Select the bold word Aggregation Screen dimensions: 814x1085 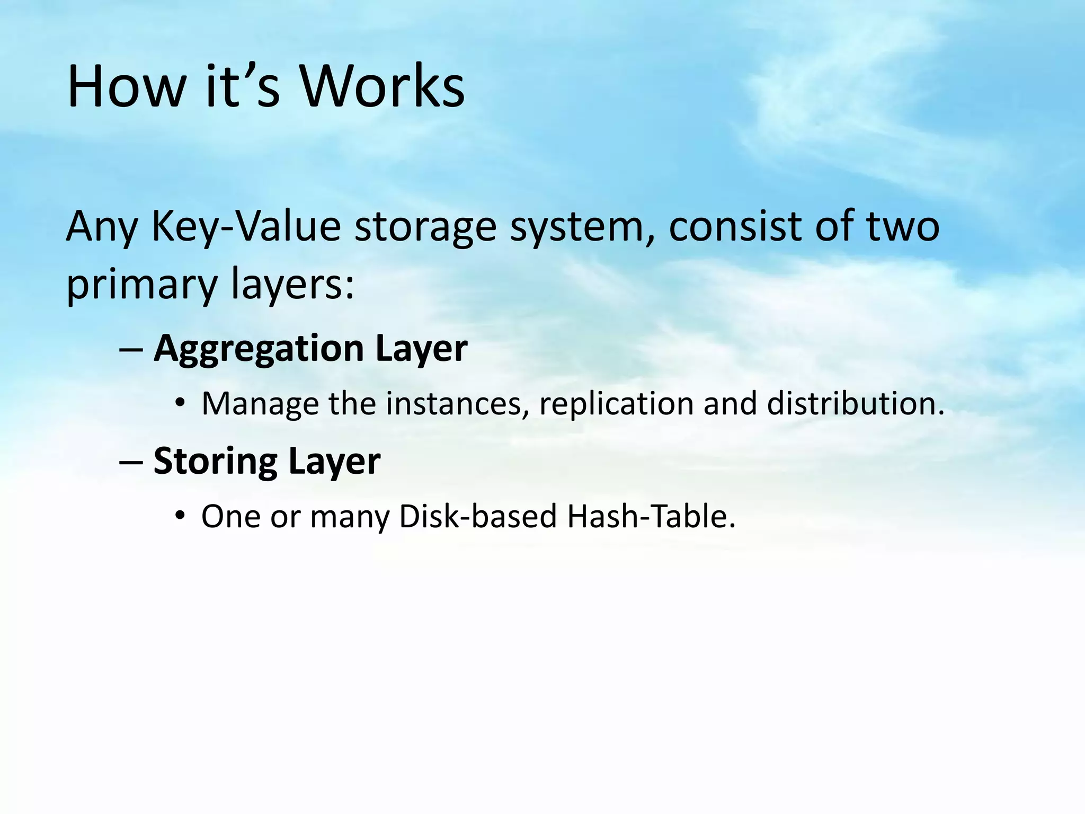(259, 350)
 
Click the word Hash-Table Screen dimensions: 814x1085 (651, 516)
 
